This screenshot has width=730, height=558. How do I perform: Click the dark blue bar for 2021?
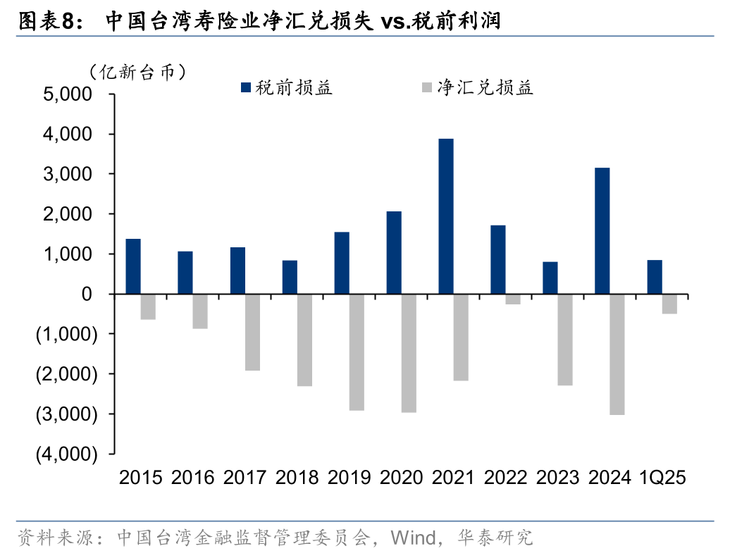pos(445,216)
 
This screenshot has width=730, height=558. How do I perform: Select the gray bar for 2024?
pos(617,354)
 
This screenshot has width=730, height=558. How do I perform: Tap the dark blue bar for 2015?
pos(132,266)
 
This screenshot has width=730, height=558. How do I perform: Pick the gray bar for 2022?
pos(513,299)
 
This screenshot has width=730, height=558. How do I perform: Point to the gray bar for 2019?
pos(357,352)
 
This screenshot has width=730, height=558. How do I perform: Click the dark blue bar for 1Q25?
pos(654,277)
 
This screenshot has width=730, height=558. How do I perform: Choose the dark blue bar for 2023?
pos(550,278)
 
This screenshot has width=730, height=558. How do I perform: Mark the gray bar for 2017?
pos(252,333)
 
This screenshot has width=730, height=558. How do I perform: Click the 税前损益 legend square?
pos(246,88)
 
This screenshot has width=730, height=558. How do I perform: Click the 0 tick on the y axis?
pos(87,294)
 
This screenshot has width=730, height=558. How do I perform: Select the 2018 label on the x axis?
pos(297,478)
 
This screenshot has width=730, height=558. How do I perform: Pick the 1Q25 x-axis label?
pos(662,478)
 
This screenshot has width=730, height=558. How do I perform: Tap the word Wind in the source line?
pos(414,539)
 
